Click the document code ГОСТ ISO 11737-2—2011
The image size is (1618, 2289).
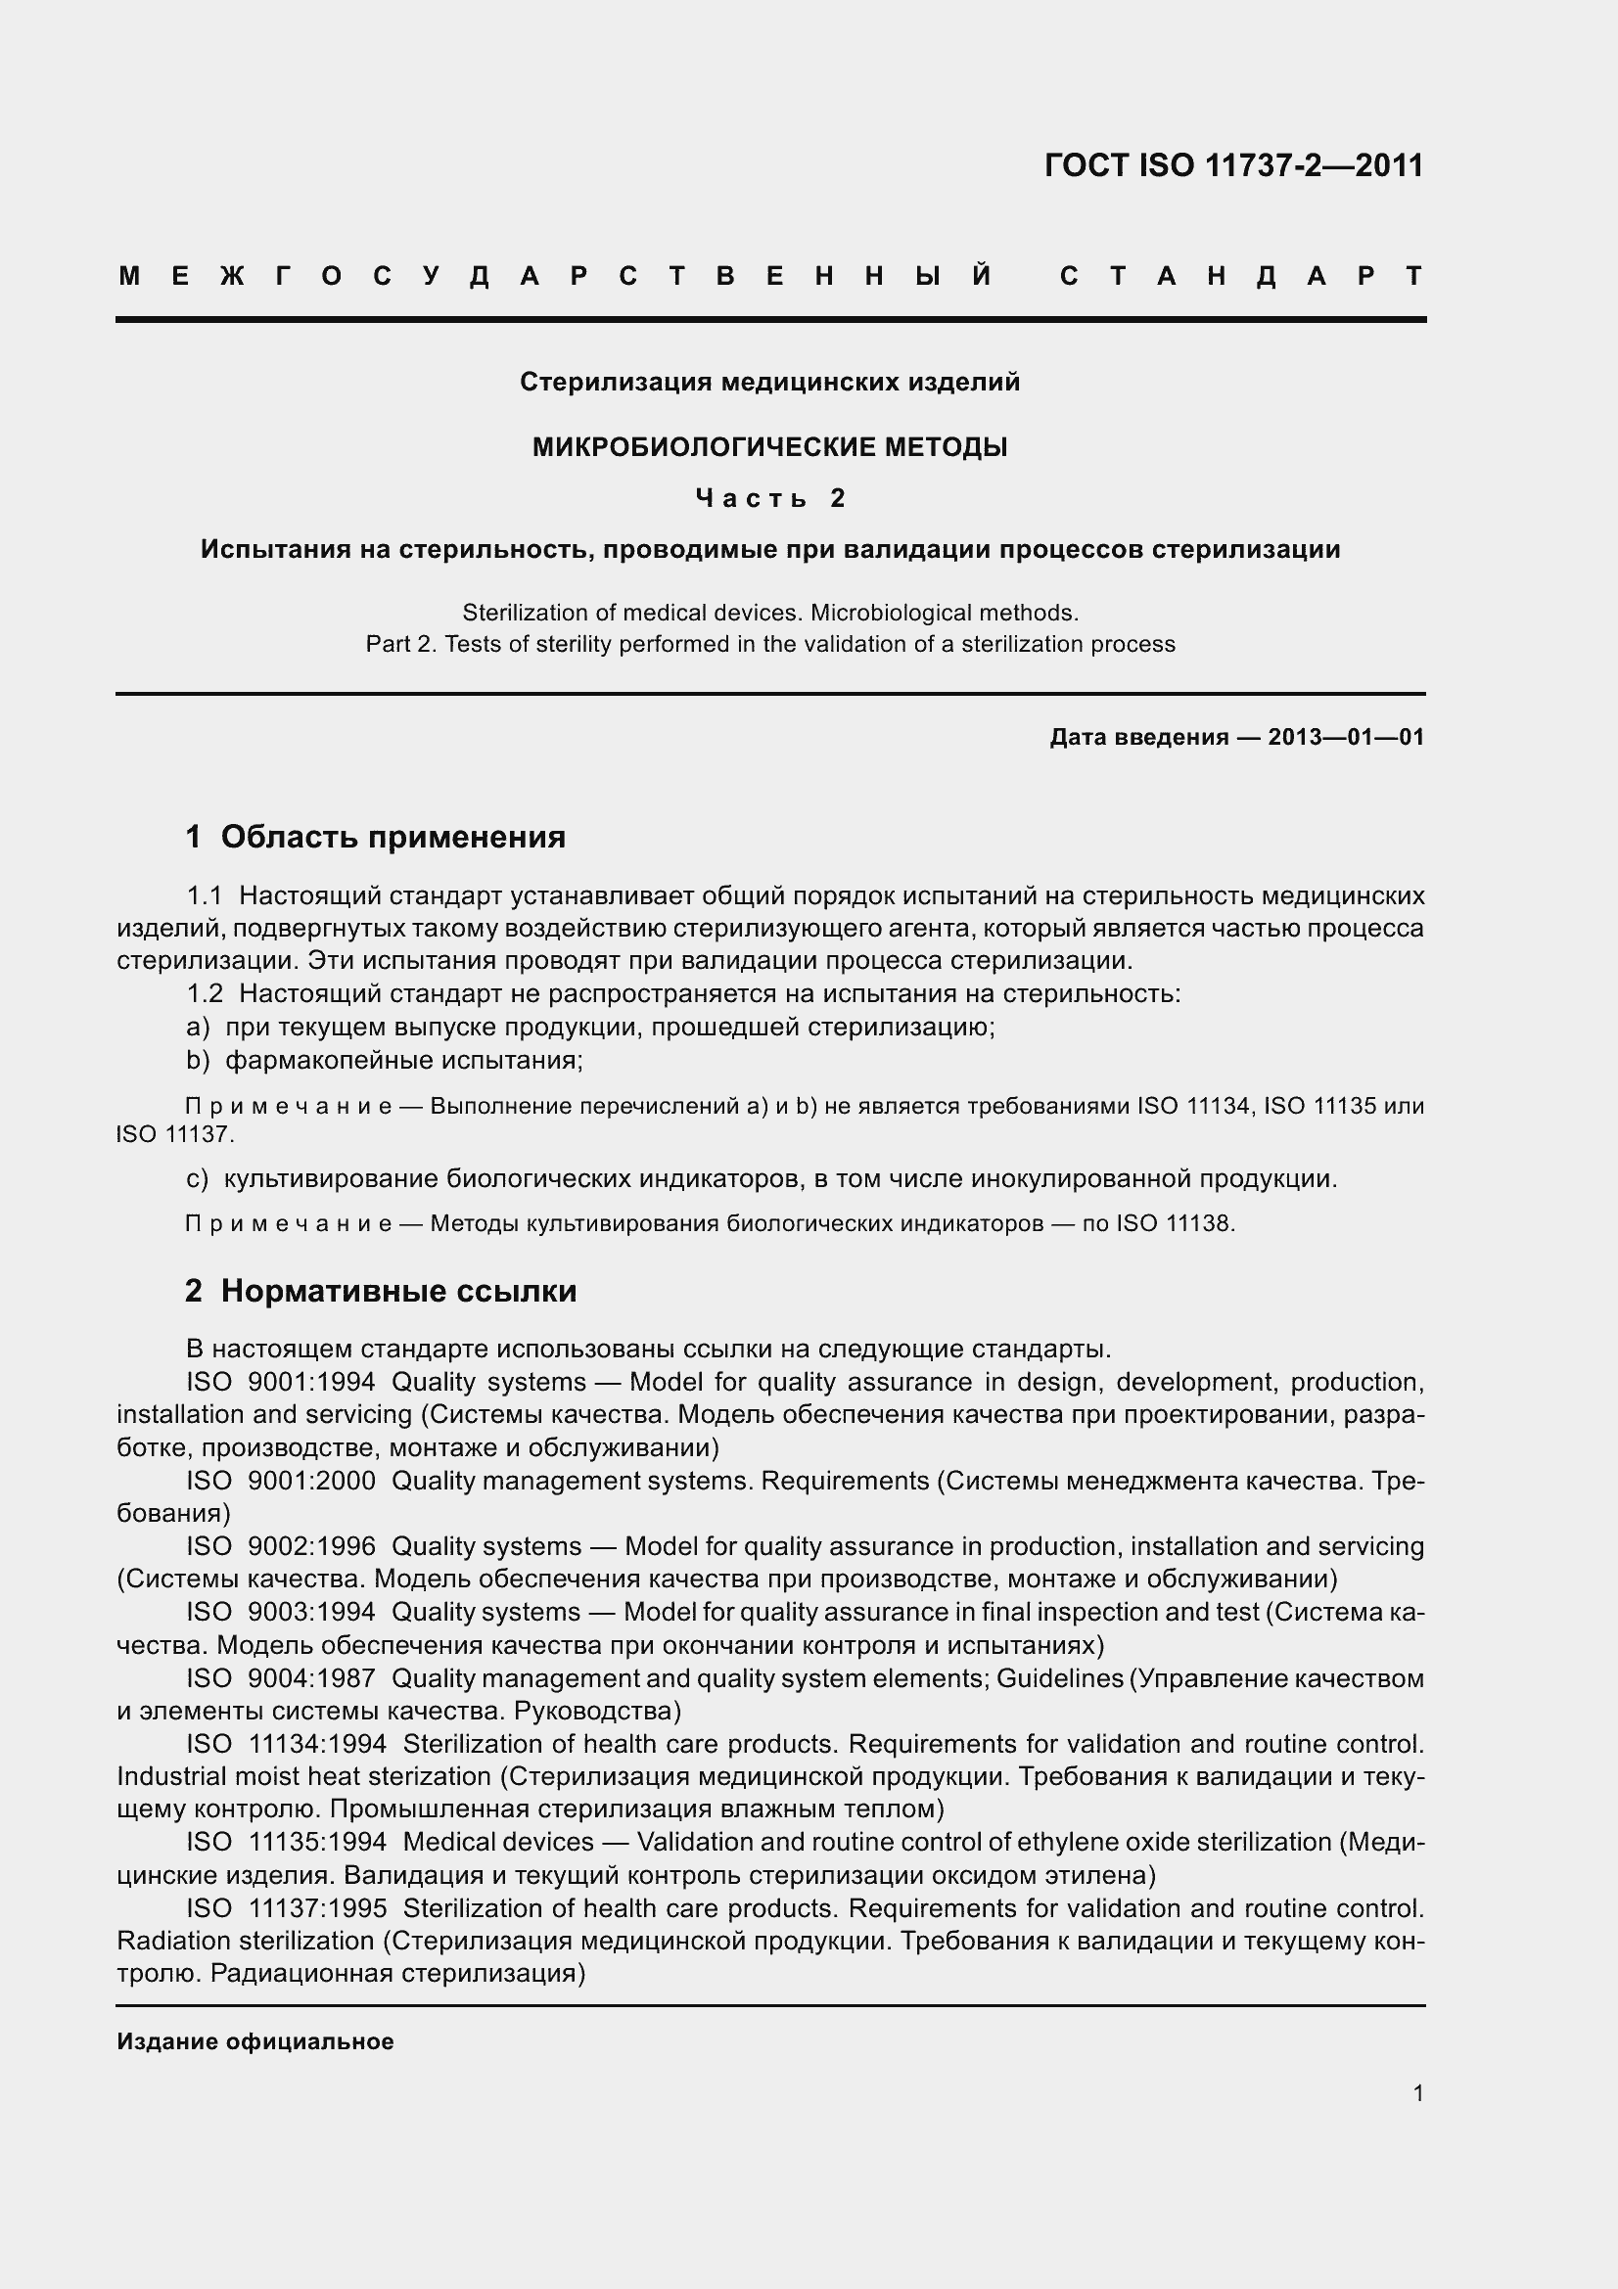(x=1233, y=165)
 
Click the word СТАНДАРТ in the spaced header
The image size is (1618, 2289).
(x=1241, y=276)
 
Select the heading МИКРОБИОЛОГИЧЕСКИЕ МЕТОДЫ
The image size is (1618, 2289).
(x=769, y=447)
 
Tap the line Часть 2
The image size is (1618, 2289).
(x=769, y=497)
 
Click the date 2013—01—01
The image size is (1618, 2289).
(x=1346, y=738)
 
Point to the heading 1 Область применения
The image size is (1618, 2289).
(x=376, y=837)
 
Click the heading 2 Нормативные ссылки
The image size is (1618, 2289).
(x=381, y=1291)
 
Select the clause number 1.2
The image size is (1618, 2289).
(x=205, y=994)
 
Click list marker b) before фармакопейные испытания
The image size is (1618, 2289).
(x=198, y=1060)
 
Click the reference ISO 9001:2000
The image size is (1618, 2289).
(x=281, y=1481)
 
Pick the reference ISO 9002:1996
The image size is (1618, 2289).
(x=281, y=1546)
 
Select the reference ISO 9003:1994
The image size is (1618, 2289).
(x=281, y=1612)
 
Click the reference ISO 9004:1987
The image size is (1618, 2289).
(x=281, y=1678)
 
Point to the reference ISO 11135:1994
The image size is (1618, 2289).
(x=287, y=1843)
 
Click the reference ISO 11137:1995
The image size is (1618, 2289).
(x=287, y=1908)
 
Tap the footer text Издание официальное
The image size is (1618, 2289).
(x=255, y=2041)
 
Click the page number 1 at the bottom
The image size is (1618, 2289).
(x=1417, y=2093)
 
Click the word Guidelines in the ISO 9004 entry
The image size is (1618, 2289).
(x=1060, y=1678)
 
